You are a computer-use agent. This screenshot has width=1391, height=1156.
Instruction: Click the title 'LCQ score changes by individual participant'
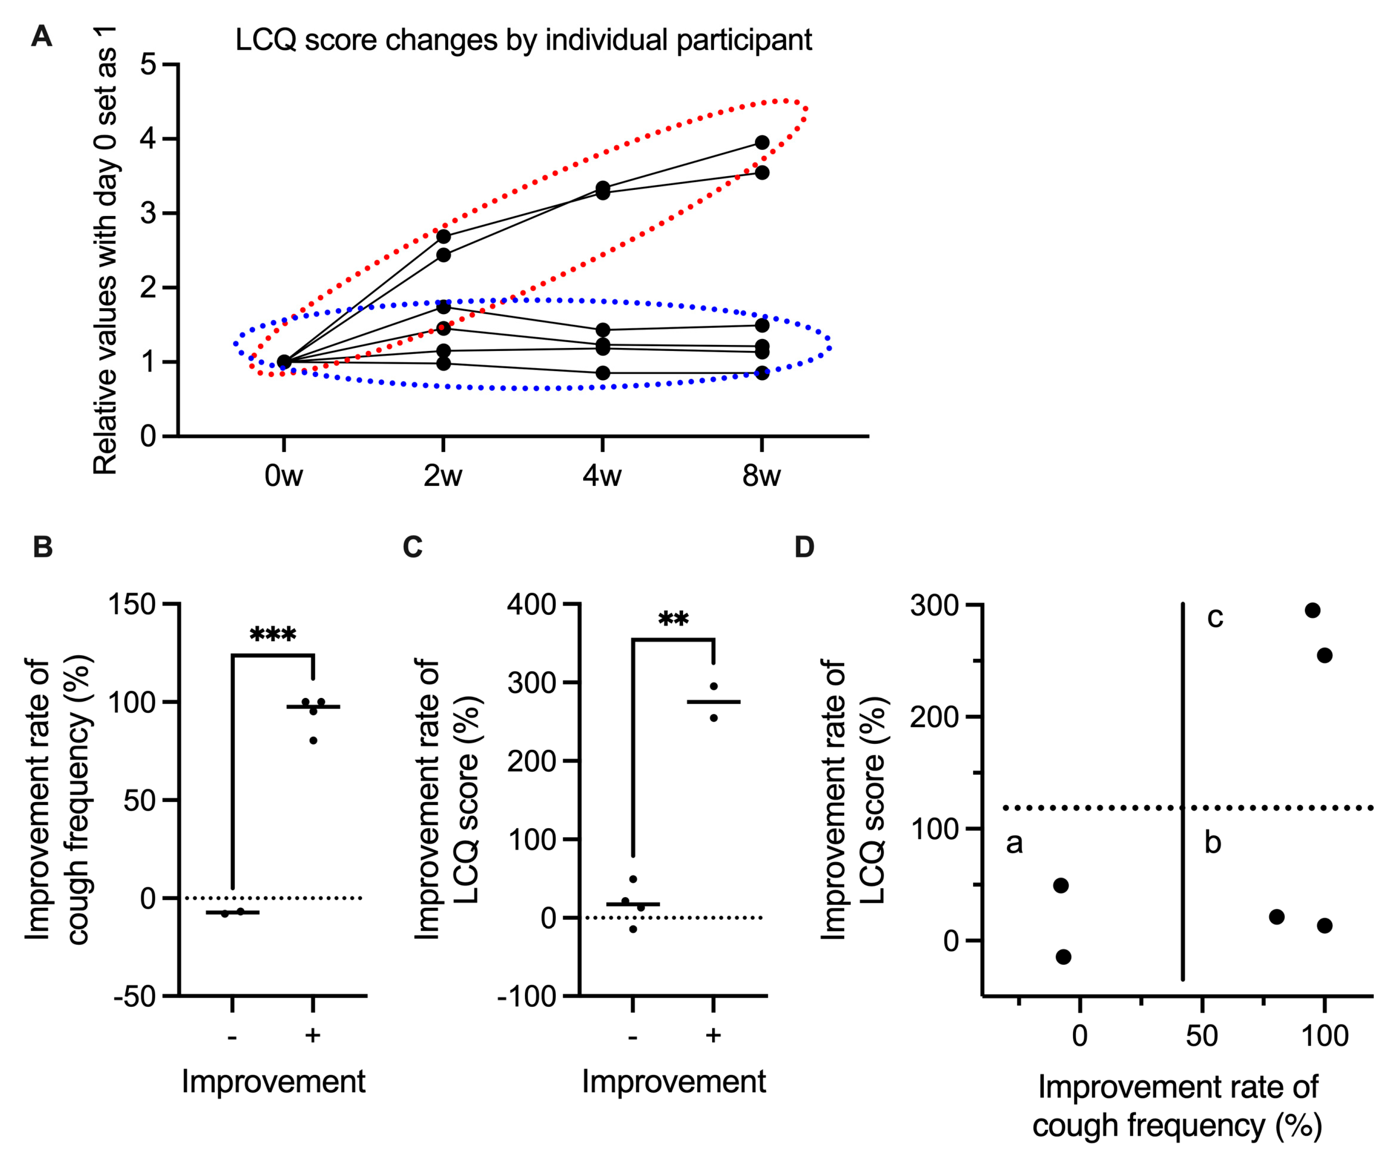click(x=523, y=40)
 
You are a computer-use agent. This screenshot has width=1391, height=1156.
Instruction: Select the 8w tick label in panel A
click(x=762, y=476)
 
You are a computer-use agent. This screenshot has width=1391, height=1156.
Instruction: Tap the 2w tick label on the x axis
click(x=443, y=476)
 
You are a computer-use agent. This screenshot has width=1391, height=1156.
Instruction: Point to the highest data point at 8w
click(x=762, y=142)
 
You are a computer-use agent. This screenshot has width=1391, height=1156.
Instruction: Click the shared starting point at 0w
click(x=284, y=362)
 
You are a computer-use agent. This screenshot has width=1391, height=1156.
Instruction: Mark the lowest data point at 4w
click(x=603, y=373)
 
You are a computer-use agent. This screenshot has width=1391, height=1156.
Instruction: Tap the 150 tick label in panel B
click(x=132, y=604)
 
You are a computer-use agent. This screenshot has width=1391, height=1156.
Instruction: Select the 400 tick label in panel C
click(x=531, y=604)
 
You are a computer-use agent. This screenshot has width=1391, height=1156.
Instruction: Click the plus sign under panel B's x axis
click(x=313, y=1035)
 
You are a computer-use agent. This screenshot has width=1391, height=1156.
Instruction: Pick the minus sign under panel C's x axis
click(x=633, y=1035)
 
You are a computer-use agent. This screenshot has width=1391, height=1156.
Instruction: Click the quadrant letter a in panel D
click(x=1014, y=843)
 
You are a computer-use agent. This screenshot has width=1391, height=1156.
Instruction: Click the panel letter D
click(x=804, y=547)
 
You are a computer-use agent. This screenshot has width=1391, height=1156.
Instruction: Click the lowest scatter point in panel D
click(x=1063, y=957)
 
